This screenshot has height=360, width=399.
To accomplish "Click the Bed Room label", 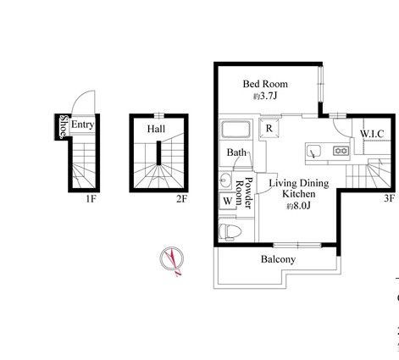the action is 265,84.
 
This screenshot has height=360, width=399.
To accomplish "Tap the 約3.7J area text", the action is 265,96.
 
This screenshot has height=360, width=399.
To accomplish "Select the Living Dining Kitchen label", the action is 299,188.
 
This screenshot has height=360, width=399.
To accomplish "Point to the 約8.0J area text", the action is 299,206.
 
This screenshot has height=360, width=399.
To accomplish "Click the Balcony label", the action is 278,259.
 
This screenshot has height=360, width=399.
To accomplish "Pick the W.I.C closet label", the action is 372,134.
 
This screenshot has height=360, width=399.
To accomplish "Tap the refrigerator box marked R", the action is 269,128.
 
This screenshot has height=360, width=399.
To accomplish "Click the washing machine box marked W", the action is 228,201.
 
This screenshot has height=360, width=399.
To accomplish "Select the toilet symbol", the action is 230,232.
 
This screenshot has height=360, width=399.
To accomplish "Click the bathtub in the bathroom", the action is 236,130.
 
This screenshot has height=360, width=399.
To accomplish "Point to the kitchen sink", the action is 313,152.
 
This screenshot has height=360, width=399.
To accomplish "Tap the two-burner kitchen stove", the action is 341,151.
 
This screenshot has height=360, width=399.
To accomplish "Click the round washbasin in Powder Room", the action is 225,180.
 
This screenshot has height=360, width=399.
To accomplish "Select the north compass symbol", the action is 172,260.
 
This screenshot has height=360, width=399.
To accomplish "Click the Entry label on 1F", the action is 82,125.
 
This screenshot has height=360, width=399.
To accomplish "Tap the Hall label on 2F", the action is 156,129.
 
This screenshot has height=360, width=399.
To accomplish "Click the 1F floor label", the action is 91,199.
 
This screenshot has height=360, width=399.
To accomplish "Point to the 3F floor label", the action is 389,198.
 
